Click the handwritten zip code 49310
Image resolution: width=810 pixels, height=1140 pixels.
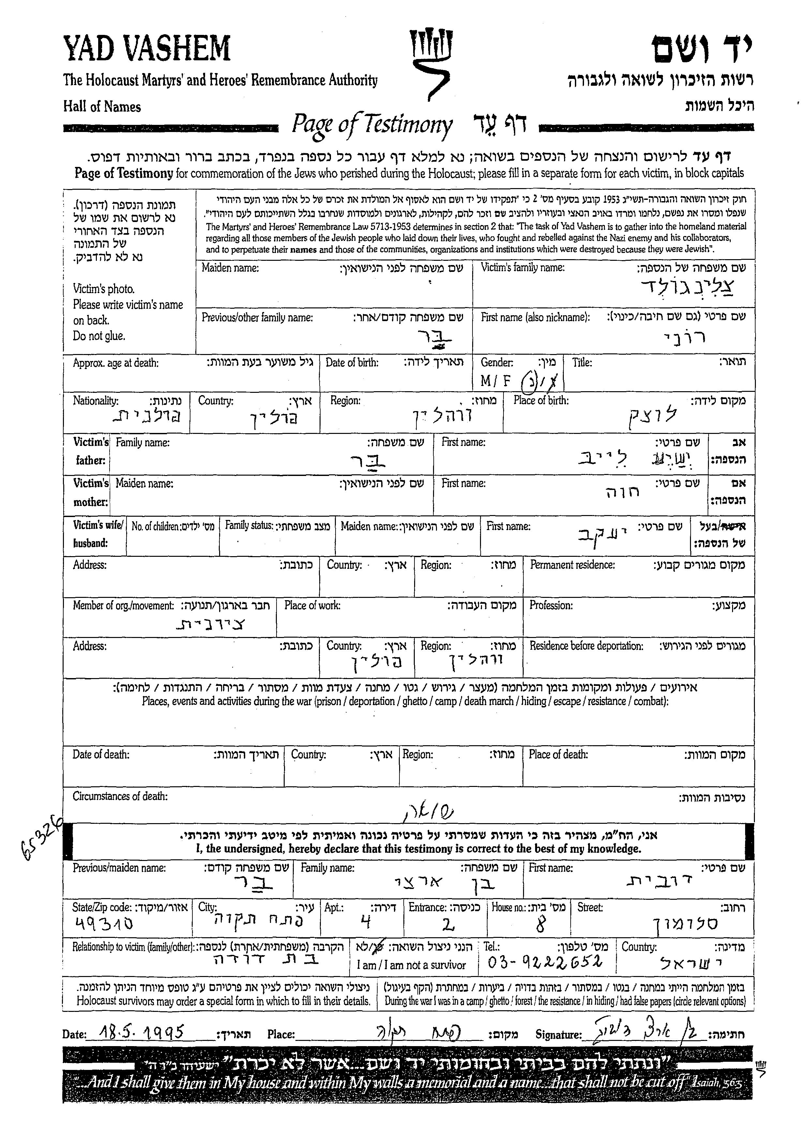pyautogui.click(x=104, y=924)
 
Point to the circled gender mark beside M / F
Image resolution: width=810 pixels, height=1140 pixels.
pyautogui.click(x=527, y=383)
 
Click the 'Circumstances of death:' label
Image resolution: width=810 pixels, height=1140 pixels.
pyautogui.click(x=120, y=796)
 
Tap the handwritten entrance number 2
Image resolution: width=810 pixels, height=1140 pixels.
pyautogui.click(x=448, y=925)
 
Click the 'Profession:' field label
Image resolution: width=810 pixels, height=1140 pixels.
pyautogui.click(x=551, y=605)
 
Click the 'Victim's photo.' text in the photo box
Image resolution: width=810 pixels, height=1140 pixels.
pyautogui.click(x=104, y=289)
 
